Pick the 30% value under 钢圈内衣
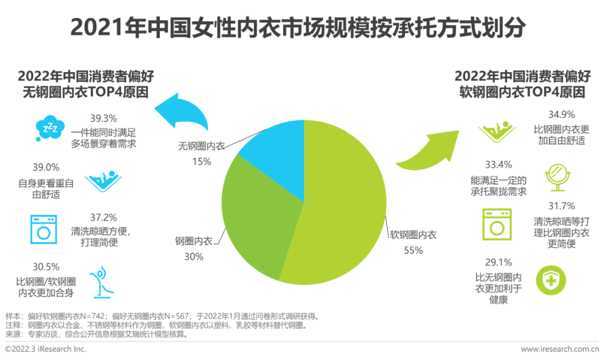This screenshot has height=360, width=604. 194,257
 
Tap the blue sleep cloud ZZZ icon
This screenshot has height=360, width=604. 50,129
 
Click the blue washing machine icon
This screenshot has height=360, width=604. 44,228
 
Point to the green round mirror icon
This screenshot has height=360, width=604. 558,177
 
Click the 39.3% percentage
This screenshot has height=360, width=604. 103,119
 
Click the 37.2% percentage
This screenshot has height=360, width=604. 103,217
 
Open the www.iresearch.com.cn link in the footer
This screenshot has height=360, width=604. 560,349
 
